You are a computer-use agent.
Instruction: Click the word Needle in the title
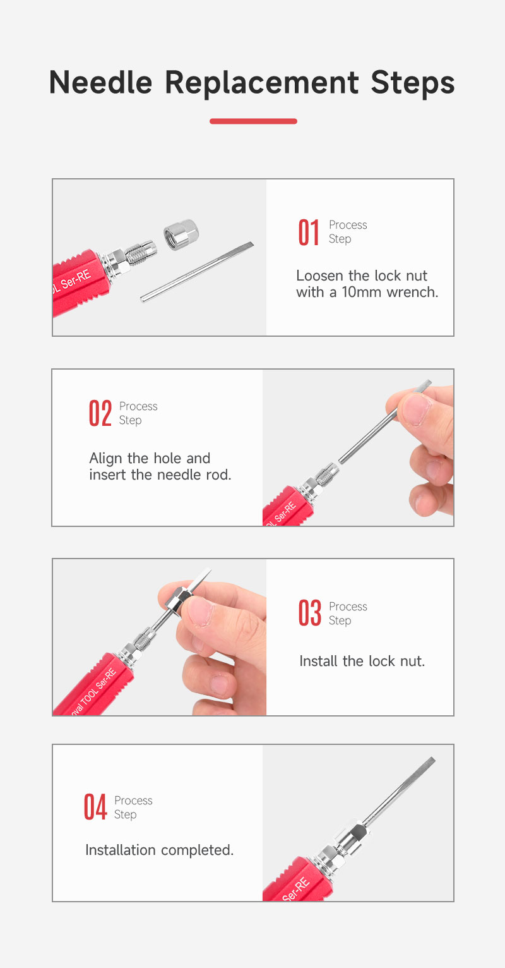coord(100,82)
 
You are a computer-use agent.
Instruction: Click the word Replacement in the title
coord(261,83)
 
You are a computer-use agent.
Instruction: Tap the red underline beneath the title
coord(253,121)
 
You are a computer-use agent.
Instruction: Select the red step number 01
coord(309,233)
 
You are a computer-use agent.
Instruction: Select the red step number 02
coord(100,414)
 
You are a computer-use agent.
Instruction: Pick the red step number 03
coord(310,613)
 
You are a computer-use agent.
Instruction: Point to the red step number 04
coord(95,807)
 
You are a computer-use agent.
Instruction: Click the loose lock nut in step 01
coord(181,234)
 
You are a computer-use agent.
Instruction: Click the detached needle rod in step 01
coord(197,272)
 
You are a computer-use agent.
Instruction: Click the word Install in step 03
coord(318,661)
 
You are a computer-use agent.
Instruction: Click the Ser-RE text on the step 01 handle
coord(76,280)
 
